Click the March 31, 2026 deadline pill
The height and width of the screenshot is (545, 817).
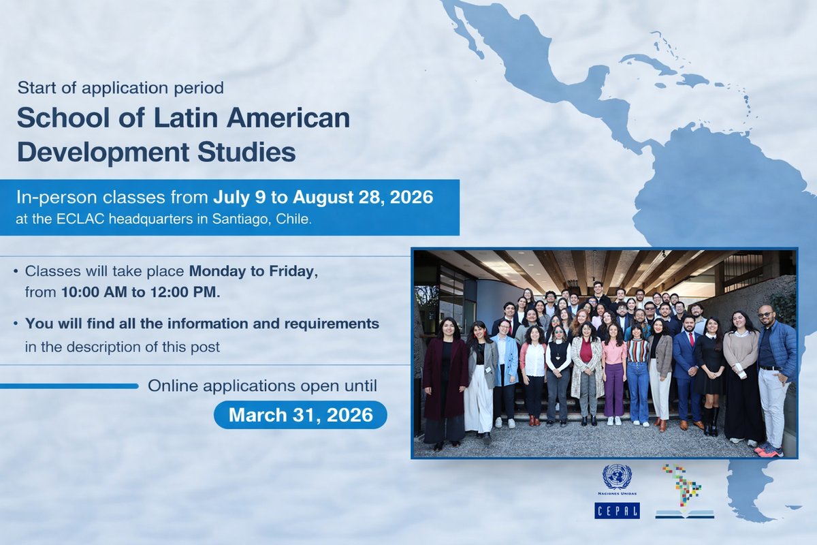300,415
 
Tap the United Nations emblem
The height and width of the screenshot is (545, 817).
617,477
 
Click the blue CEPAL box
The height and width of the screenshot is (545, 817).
617,510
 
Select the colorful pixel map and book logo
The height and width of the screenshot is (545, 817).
684,491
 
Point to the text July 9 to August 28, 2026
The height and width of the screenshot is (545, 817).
323,198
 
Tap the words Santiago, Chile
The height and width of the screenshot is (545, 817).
272,221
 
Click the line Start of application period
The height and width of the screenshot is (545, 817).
121,87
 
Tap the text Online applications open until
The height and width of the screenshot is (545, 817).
262,386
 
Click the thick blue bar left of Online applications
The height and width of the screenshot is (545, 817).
68,386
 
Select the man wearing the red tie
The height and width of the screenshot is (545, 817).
688,371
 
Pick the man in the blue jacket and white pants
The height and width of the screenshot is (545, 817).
775,378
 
